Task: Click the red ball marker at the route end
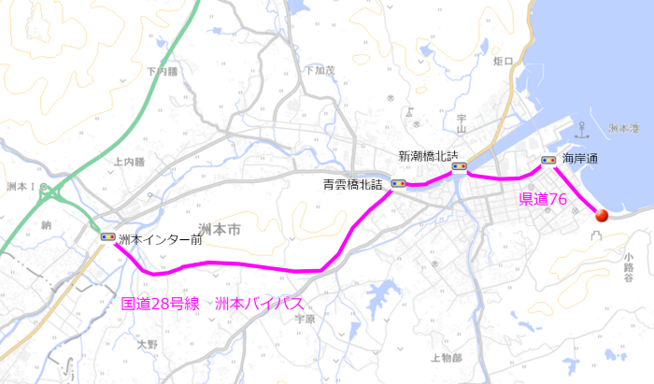601,215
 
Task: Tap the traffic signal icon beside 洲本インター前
108,237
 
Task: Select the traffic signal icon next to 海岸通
548,160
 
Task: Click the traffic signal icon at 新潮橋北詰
459,167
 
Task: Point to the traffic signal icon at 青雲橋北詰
399,183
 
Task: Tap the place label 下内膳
161,71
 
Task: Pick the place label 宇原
306,319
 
